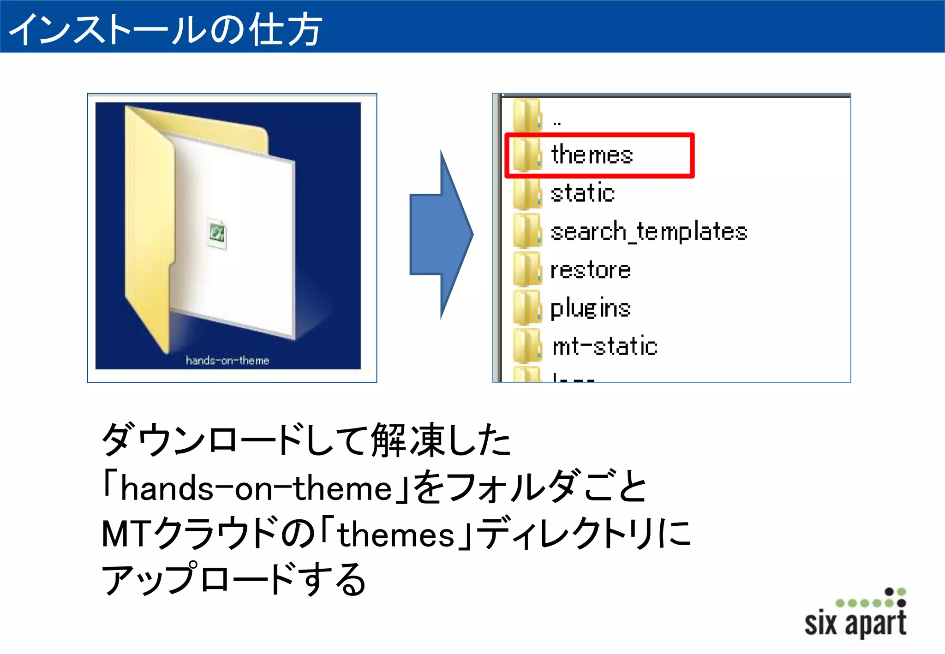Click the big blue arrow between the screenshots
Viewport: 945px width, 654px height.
pyautogui.click(x=441, y=234)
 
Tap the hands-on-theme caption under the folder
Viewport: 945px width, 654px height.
pyautogui.click(x=227, y=360)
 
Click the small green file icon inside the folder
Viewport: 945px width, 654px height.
pyautogui.click(x=217, y=233)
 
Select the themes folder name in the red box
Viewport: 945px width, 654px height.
pyautogui.click(x=592, y=155)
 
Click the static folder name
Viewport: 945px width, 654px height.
pyautogui.click(x=583, y=193)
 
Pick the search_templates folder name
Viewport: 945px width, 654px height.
pyautogui.click(x=649, y=232)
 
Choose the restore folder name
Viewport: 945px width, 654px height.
pyautogui.click(x=591, y=270)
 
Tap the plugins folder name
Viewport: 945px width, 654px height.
pyautogui.click(x=591, y=308)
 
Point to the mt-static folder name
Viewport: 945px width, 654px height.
pyautogui.click(x=605, y=346)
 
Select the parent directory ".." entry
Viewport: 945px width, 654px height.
pyautogui.click(x=557, y=122)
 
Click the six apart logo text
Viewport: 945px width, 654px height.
pyautogui.click(x=855, y=623)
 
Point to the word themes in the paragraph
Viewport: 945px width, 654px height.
pyautogui.click(x=396, y=535)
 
